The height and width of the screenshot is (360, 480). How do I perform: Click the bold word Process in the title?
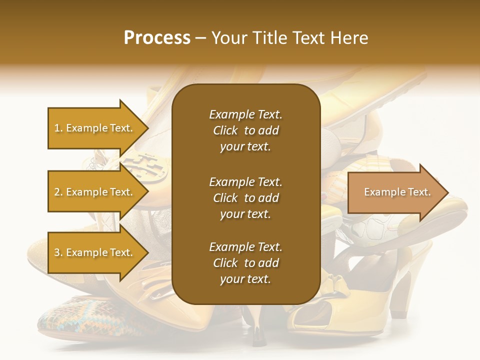click(157, 38)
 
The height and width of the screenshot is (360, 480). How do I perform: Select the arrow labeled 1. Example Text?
click(95, 128)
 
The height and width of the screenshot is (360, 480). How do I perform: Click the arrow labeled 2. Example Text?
click(95, 192)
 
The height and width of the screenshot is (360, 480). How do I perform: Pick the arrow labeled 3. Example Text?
click(95, 252)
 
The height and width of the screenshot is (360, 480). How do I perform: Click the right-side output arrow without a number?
click(395, 192)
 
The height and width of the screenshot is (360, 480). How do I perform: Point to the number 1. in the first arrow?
click(58, 128)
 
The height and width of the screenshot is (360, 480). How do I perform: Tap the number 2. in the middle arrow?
click(58, 192)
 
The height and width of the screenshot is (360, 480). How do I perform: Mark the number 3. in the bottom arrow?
click(58, 252)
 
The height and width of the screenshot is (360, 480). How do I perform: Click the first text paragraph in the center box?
click(245, 130)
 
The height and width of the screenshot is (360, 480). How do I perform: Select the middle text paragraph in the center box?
click(245, 198)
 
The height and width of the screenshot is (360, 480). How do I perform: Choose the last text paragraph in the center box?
click(245, 263)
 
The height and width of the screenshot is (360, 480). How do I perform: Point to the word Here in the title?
click(349, 38)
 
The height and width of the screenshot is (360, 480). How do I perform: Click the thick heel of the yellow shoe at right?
click(402, 295)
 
